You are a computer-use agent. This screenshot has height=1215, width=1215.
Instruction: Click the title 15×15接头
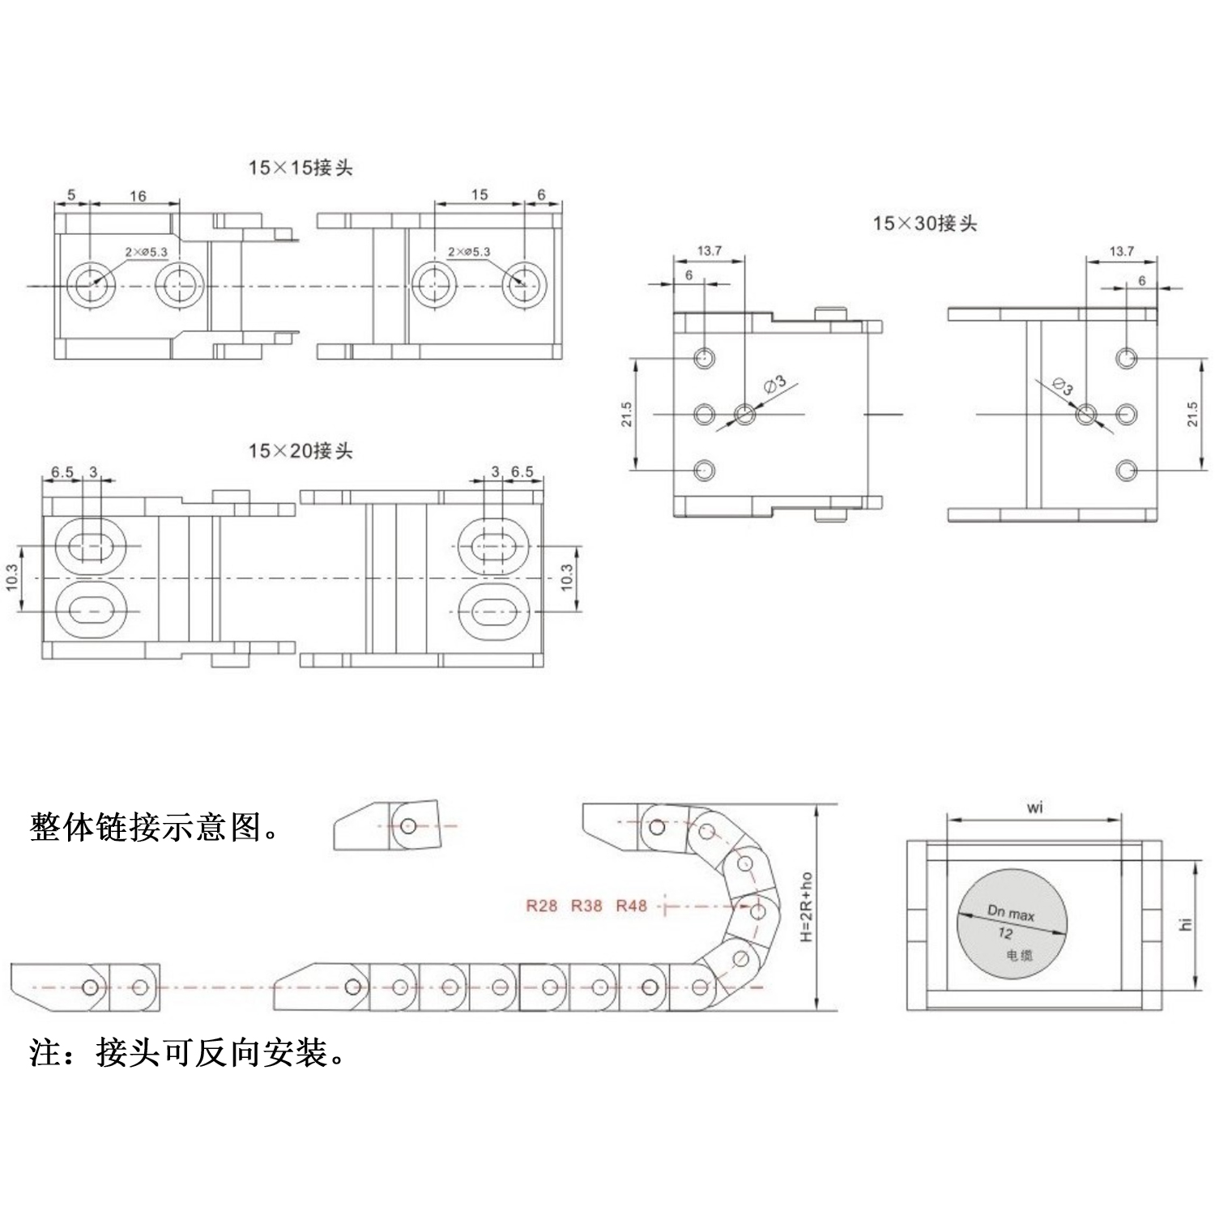(x=301, y=168)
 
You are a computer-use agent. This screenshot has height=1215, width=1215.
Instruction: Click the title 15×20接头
(x=301, y=451)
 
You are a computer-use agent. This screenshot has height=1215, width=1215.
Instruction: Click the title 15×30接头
(x=924, y=224)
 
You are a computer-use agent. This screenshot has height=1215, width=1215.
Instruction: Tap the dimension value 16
(x=138, y=196)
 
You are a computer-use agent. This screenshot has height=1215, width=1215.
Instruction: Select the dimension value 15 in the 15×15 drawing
(x=480, y=194)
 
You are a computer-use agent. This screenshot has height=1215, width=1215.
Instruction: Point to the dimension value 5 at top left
(x=71, y=195)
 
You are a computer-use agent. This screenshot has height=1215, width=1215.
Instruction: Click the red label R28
(x=541, y=906)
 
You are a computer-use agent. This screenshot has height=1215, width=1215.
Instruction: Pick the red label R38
(x=586, y=906)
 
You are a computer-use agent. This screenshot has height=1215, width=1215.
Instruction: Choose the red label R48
(x=632, y=906)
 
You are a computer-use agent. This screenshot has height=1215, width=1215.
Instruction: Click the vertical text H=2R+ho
(x=806, y=907)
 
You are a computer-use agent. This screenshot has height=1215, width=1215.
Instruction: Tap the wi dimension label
(x=1035, y=808)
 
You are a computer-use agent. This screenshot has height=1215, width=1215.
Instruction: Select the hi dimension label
(x=1187, y=923)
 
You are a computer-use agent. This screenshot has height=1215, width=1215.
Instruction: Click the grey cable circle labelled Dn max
(x=1013, y=923)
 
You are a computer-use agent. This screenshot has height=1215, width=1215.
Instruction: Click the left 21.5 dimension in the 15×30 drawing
(x=626, y=414)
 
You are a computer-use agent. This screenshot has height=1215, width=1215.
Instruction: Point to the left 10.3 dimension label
(x=12, y=578)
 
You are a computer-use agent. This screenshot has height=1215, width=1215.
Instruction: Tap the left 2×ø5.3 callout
(x=146, y=252)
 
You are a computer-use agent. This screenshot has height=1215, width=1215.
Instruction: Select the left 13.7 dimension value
(x=709, y=251)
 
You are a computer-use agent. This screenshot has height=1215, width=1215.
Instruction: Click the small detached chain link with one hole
(x=388, y=825)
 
